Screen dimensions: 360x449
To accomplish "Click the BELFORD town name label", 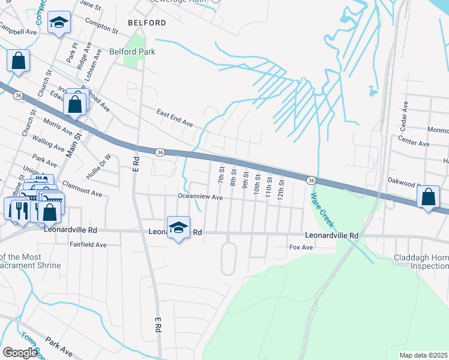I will click(147, 23).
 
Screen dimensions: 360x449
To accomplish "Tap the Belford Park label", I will click(132, 52).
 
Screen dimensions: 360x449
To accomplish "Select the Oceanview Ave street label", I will click(200, 197).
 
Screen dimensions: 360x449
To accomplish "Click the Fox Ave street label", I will click(301, 247).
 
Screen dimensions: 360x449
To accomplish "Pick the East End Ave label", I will click(175, 118).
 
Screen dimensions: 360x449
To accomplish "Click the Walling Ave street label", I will click(49, 144).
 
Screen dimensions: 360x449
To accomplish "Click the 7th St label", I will click(220, 176).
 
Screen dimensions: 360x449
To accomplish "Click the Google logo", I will click(20, 353).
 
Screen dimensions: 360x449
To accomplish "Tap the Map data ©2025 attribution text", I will click(423, 355).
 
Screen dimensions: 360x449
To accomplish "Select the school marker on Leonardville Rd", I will click(178, 227).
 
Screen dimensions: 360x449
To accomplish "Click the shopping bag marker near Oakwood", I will click(428, 197).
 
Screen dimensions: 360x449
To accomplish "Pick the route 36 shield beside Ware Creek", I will click(310, 181).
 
